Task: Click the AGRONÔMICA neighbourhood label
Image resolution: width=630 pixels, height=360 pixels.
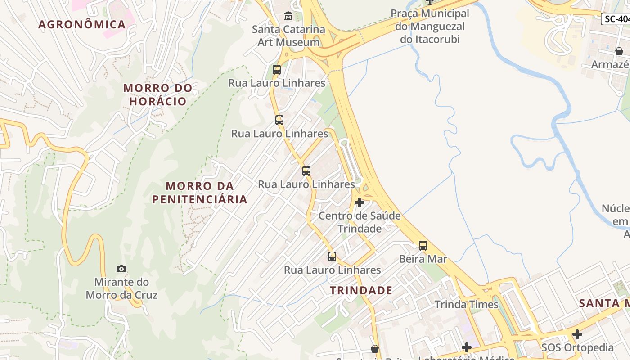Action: (x=82, y=24)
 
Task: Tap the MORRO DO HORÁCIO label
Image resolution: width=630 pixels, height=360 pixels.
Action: (x=158, y=94)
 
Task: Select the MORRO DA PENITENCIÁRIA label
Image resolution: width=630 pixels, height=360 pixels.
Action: (x=200, y=193)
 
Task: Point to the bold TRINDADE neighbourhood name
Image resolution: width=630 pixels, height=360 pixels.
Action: (x=361, y=290)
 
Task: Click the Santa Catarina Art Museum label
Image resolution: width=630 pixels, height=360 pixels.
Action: (x=288, y=36)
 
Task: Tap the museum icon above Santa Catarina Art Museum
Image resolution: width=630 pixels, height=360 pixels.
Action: (x=288, y=17)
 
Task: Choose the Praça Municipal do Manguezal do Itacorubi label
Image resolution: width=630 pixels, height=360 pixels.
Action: (x=430, y=26)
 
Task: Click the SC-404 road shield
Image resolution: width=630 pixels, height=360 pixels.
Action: (x=616, y=19)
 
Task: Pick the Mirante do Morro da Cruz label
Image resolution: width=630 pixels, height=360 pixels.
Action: (x=121, y=288)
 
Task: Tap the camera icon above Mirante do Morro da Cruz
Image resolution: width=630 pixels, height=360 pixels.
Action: (x=121, y=269)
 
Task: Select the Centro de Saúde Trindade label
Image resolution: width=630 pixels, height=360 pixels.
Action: (x=360, y=222)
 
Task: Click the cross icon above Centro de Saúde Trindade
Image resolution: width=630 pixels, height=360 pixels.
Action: (x=360, y=202)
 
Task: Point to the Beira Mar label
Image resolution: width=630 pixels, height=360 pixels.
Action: (x=423, y=259)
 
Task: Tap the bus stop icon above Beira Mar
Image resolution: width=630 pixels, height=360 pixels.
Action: (x=423, y=246)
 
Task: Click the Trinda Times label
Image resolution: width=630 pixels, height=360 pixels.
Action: (x=467, y=305)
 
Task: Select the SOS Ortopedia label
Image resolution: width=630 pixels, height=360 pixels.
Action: (x=577, y=347)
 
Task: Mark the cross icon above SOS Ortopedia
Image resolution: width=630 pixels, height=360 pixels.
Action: (x=577, y=334)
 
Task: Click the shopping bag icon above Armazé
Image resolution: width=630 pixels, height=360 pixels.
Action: (x=619, y=51)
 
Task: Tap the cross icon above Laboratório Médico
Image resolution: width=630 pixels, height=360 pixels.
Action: (x=467, y=347)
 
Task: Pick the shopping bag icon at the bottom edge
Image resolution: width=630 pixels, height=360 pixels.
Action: (x=375, y=349)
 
